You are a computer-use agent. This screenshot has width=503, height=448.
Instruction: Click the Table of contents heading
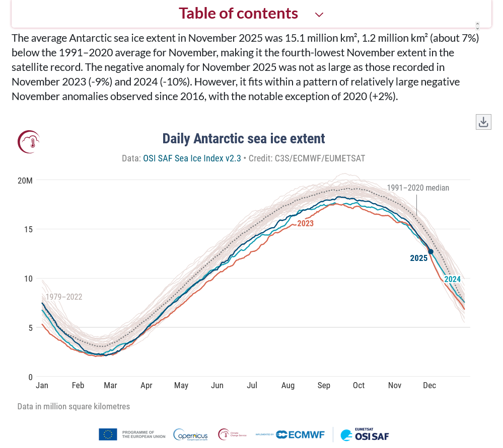click(238, 13)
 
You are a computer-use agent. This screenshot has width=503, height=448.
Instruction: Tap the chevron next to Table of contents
click(319, 15)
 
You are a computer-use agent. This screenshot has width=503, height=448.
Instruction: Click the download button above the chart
click(483, 122)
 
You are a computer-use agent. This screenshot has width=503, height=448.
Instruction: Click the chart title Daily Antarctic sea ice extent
click(244, 139)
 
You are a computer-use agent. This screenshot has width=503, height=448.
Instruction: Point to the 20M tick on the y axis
click(25, 181)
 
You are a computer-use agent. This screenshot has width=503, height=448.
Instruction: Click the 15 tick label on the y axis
click(28, 229)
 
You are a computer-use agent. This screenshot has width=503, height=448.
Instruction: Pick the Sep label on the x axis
click(324, 386)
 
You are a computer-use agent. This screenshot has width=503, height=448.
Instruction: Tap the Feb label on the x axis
click(78, 386)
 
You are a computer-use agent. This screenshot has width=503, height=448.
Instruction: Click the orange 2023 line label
click(305, 224)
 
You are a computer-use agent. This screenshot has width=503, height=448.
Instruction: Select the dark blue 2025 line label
click(418, 258)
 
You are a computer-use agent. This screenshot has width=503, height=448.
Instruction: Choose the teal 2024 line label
click(452, 280)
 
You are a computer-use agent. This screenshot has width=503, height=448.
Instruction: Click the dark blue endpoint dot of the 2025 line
click(430, 251)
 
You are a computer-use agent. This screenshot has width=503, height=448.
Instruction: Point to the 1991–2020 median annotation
click(418, 188)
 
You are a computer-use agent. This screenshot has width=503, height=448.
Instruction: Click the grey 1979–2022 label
click(63, 297)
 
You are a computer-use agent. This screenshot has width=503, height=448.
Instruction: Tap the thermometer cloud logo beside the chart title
click(29, 142)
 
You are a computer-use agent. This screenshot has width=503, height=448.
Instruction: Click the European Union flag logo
click(108, 434)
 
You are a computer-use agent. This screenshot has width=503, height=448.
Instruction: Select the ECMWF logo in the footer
click(300, 434)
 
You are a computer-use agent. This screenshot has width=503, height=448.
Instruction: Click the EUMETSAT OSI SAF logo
click(365, 434)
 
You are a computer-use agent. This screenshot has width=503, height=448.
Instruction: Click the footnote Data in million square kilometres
click(74, 406)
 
